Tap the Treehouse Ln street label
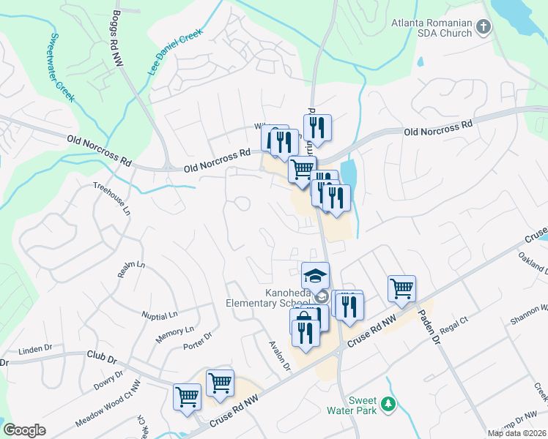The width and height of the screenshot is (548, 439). (x=111, y=198)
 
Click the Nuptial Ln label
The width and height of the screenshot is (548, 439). (x=160, y=315)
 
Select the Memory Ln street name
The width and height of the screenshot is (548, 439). (x=174, y=335)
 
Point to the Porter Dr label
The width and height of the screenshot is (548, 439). (x=197, y=341)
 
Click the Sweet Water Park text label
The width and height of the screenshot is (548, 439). (x=362, y=405)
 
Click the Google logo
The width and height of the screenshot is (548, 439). (x=24, y=430)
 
